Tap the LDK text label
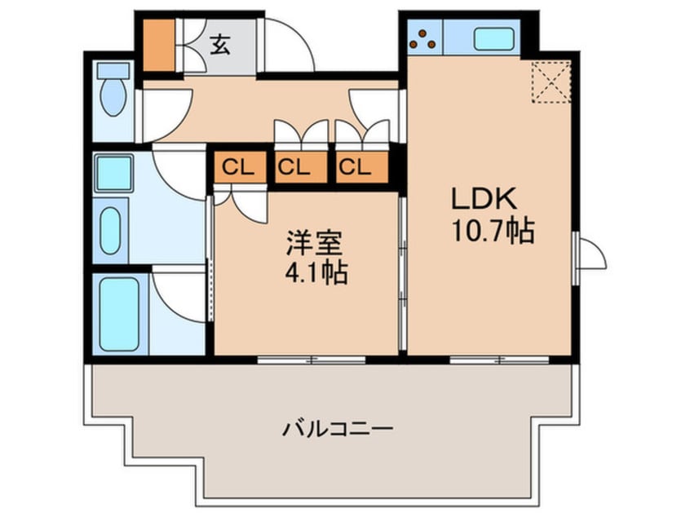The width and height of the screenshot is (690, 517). (484, 199)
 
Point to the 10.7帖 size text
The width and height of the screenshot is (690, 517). (493, 231)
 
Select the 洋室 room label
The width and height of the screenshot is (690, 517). (314, 242)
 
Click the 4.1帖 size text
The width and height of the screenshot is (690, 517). (316, 273)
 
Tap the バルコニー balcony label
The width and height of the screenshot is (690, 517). (337, 428)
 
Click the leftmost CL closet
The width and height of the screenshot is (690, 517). (240, 166)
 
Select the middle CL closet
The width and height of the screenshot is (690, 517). (301, 166)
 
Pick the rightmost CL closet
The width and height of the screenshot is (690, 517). (362, 166)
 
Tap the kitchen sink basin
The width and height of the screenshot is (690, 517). (493, 39)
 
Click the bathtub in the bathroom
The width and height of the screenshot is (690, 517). (119, 314)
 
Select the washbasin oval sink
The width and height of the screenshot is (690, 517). (110, 230)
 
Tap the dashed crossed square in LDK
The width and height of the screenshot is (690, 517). (551, 82)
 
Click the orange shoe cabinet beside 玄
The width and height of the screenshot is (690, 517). (159, 45)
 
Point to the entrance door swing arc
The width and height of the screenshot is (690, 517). (289, 45)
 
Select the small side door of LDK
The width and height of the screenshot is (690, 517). (590, 257)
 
